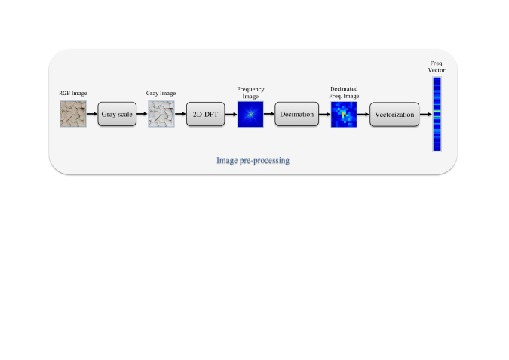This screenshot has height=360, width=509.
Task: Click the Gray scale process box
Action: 117,114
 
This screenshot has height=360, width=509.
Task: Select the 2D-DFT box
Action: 205,114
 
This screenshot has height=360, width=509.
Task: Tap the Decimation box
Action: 296,114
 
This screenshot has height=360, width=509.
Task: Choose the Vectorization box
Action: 394,115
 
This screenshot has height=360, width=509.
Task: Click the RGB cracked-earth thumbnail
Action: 73,114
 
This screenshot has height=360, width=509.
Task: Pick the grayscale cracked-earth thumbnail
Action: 161,114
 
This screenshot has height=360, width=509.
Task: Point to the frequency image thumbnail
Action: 250,114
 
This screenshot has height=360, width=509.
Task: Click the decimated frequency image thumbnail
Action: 344,115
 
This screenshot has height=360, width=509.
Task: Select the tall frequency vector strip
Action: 437,114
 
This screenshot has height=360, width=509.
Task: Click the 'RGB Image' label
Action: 73,94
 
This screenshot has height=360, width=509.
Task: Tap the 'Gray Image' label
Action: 161,94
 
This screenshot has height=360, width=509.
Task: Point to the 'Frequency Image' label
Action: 250,93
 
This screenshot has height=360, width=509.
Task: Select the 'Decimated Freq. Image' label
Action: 344,92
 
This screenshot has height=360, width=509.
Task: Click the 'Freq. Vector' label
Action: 437,66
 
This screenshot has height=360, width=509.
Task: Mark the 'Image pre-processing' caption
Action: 253,161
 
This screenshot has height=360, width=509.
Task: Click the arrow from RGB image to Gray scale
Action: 92,114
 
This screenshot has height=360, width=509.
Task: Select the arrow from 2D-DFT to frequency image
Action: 231,115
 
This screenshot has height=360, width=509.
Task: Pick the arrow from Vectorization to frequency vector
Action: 426,115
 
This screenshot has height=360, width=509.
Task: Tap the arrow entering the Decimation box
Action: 269,114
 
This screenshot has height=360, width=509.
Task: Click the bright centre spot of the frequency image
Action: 250,115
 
